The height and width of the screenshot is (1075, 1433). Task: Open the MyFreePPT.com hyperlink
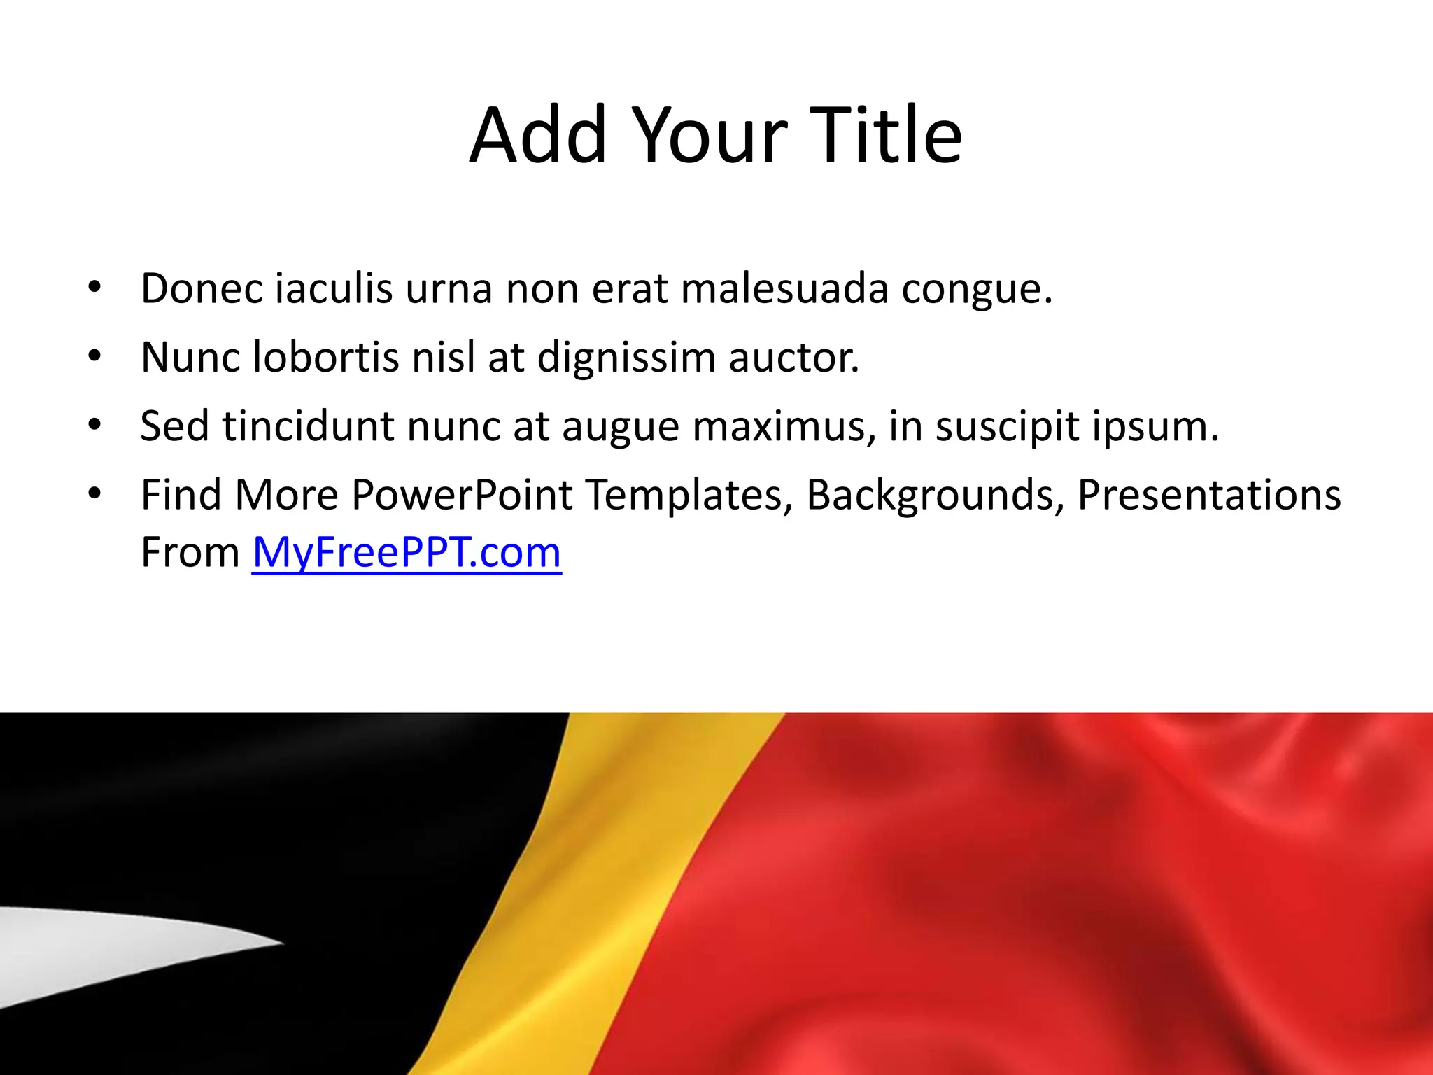(x=407, y=553)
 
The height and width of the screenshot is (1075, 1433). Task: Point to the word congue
(x=976, y=290)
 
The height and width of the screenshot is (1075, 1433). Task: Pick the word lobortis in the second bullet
(x=325, y=357)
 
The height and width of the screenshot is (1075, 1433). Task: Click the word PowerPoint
(x=462, y=495)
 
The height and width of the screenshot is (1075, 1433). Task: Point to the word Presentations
(x=1209, y=495)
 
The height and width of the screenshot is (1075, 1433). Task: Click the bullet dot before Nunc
(x=94, y=357)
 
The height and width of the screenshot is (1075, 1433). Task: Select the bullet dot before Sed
(x=94, y=426)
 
